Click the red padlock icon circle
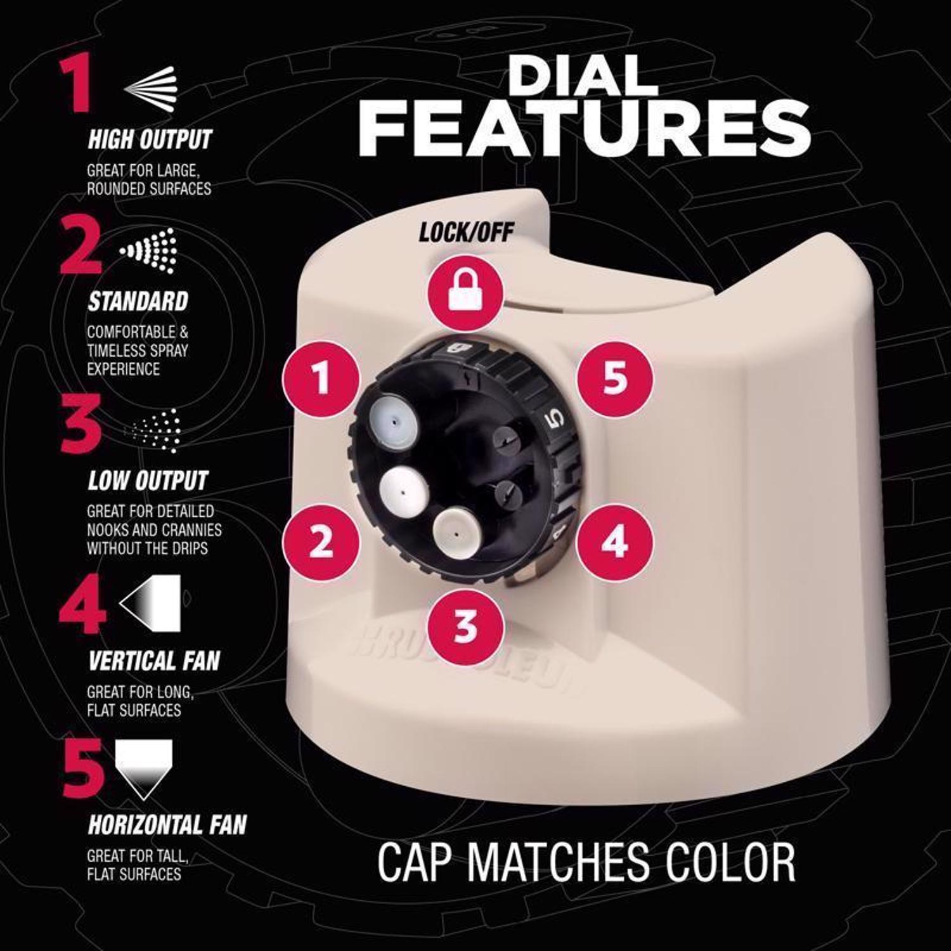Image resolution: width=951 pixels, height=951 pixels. pos(466,292)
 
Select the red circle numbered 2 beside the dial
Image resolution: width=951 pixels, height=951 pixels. pos(321,543)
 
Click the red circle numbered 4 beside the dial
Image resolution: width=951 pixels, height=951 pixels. pos(614,543)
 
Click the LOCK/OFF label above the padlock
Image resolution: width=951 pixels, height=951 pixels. pos(466,233)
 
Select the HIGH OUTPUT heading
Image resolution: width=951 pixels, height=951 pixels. pos(150,140)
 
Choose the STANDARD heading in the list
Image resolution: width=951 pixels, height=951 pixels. pos(138,302)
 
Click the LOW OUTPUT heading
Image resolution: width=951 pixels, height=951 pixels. pos(148,481)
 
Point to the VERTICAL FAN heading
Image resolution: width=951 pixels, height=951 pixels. pos(153,661)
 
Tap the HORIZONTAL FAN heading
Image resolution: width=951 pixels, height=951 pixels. pos(167,825)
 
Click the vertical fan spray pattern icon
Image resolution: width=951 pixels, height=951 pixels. pos(150,603)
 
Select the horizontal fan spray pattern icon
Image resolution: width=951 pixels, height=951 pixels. pos(144,768)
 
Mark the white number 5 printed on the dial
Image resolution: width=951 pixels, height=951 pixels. pos(554,420)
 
